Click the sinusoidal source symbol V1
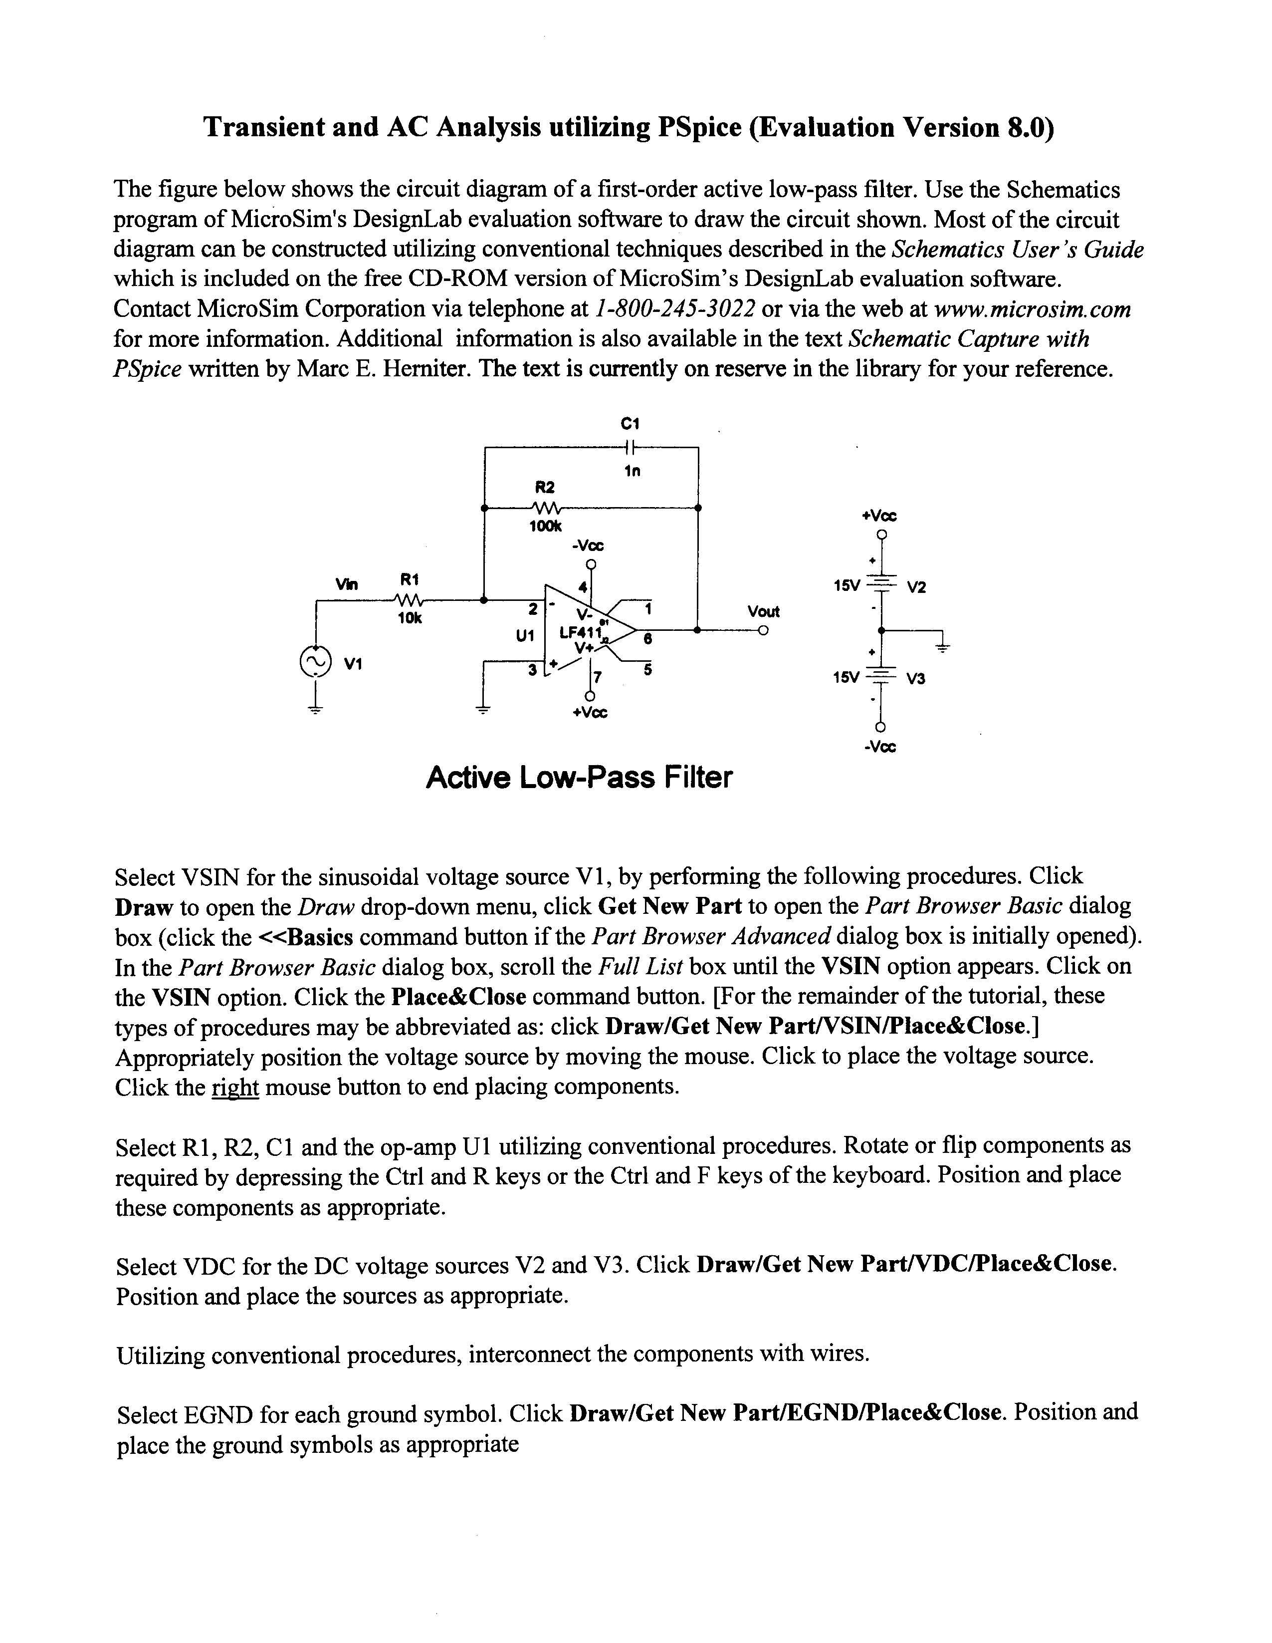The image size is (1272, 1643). tap(315, 661)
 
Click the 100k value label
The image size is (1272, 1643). tap(545, 527)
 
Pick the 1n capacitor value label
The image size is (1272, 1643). tap(632, 472)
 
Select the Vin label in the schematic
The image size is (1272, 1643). tap(347, 584)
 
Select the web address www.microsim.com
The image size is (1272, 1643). tap(1032, 309)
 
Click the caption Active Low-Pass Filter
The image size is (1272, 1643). tap(578, 777)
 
